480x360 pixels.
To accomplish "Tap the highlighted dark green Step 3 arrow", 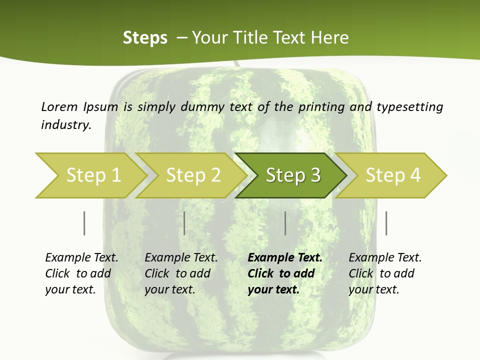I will [x=293, y=175].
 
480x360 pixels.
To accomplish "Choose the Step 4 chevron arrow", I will [x=393, y=175].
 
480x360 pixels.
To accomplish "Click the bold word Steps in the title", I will [x=145, y=37].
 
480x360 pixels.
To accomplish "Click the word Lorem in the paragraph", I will [x=59, y=106].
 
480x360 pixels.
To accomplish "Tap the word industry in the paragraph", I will [x=65, y=125].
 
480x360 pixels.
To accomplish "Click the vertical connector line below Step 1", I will [x=84, y=223].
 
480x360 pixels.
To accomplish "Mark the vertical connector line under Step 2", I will [x=184, y=223].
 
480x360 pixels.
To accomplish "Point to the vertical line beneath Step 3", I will [x=285, y=223].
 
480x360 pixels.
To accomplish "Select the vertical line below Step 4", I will [x=386, y=223].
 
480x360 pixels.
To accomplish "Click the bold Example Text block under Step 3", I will [x=284, y=273].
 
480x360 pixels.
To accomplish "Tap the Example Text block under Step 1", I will [x=81, y=273].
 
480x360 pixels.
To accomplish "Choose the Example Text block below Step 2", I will [x=180, y=273].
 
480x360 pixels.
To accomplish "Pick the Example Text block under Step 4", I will [x=384, y=273].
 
